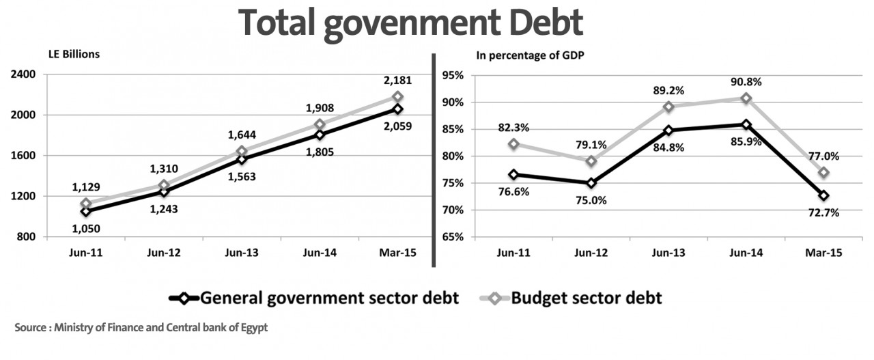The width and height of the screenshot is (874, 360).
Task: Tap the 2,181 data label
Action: point(397,81)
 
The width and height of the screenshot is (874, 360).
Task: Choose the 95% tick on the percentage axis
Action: point(453,75)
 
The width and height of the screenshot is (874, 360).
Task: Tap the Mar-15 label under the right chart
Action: point(824,252)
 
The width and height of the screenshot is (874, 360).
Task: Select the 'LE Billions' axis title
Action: point(74,55)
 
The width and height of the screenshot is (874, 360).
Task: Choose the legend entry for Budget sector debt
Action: point(570,298)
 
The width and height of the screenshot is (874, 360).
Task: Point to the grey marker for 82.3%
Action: point(513,144)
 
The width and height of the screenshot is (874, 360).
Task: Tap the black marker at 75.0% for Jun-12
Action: point(591,183)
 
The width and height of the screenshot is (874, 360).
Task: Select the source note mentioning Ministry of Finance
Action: point(141,328)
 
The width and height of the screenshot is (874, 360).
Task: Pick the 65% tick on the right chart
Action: point(453,237)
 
